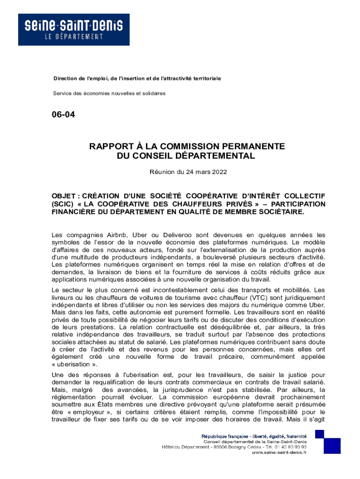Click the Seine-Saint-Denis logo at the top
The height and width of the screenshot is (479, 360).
74,29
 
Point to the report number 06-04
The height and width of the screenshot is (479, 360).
64,114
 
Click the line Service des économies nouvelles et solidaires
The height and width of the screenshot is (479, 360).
109,94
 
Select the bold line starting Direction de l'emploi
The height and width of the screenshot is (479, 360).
137,78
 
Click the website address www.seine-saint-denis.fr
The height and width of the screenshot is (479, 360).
279,453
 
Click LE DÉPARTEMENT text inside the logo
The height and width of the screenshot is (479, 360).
74,37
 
